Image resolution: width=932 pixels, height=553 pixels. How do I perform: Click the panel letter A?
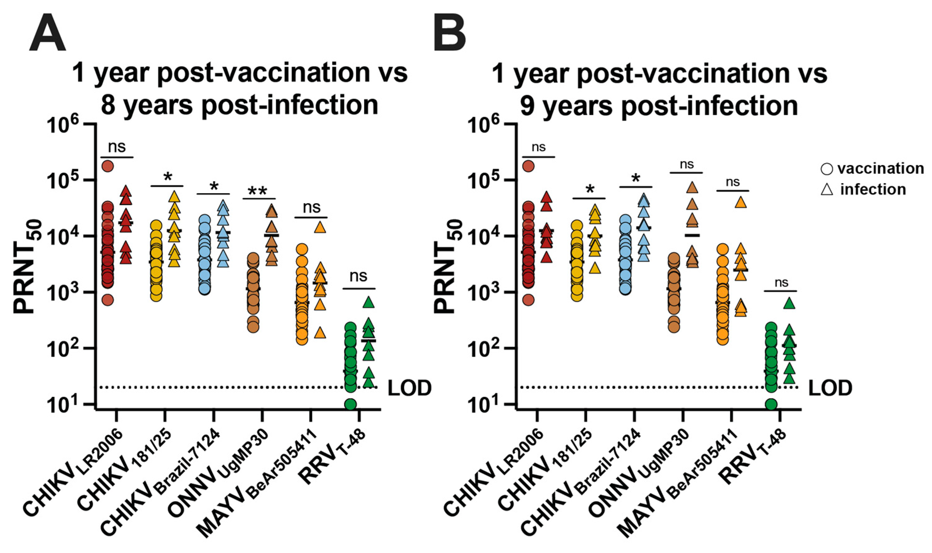click(x=47, y=33)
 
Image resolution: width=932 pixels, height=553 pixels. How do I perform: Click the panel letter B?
click(x=450, y=33)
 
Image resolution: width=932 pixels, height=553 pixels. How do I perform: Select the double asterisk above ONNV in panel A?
click(x=257, y=191)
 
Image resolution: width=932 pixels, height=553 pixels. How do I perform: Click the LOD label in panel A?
click(x=409, y=388)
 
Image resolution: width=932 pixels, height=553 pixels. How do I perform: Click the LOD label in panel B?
click(x=830, y=388)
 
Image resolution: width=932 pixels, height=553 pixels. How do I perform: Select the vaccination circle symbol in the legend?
click(x=826, y=169)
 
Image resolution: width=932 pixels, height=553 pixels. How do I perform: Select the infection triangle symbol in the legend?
click(x=827, y=190)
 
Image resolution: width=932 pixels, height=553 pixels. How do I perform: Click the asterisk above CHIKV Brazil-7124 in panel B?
click(x=636, y=179)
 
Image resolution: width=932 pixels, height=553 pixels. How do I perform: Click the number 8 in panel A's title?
click(x=108, y=105)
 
